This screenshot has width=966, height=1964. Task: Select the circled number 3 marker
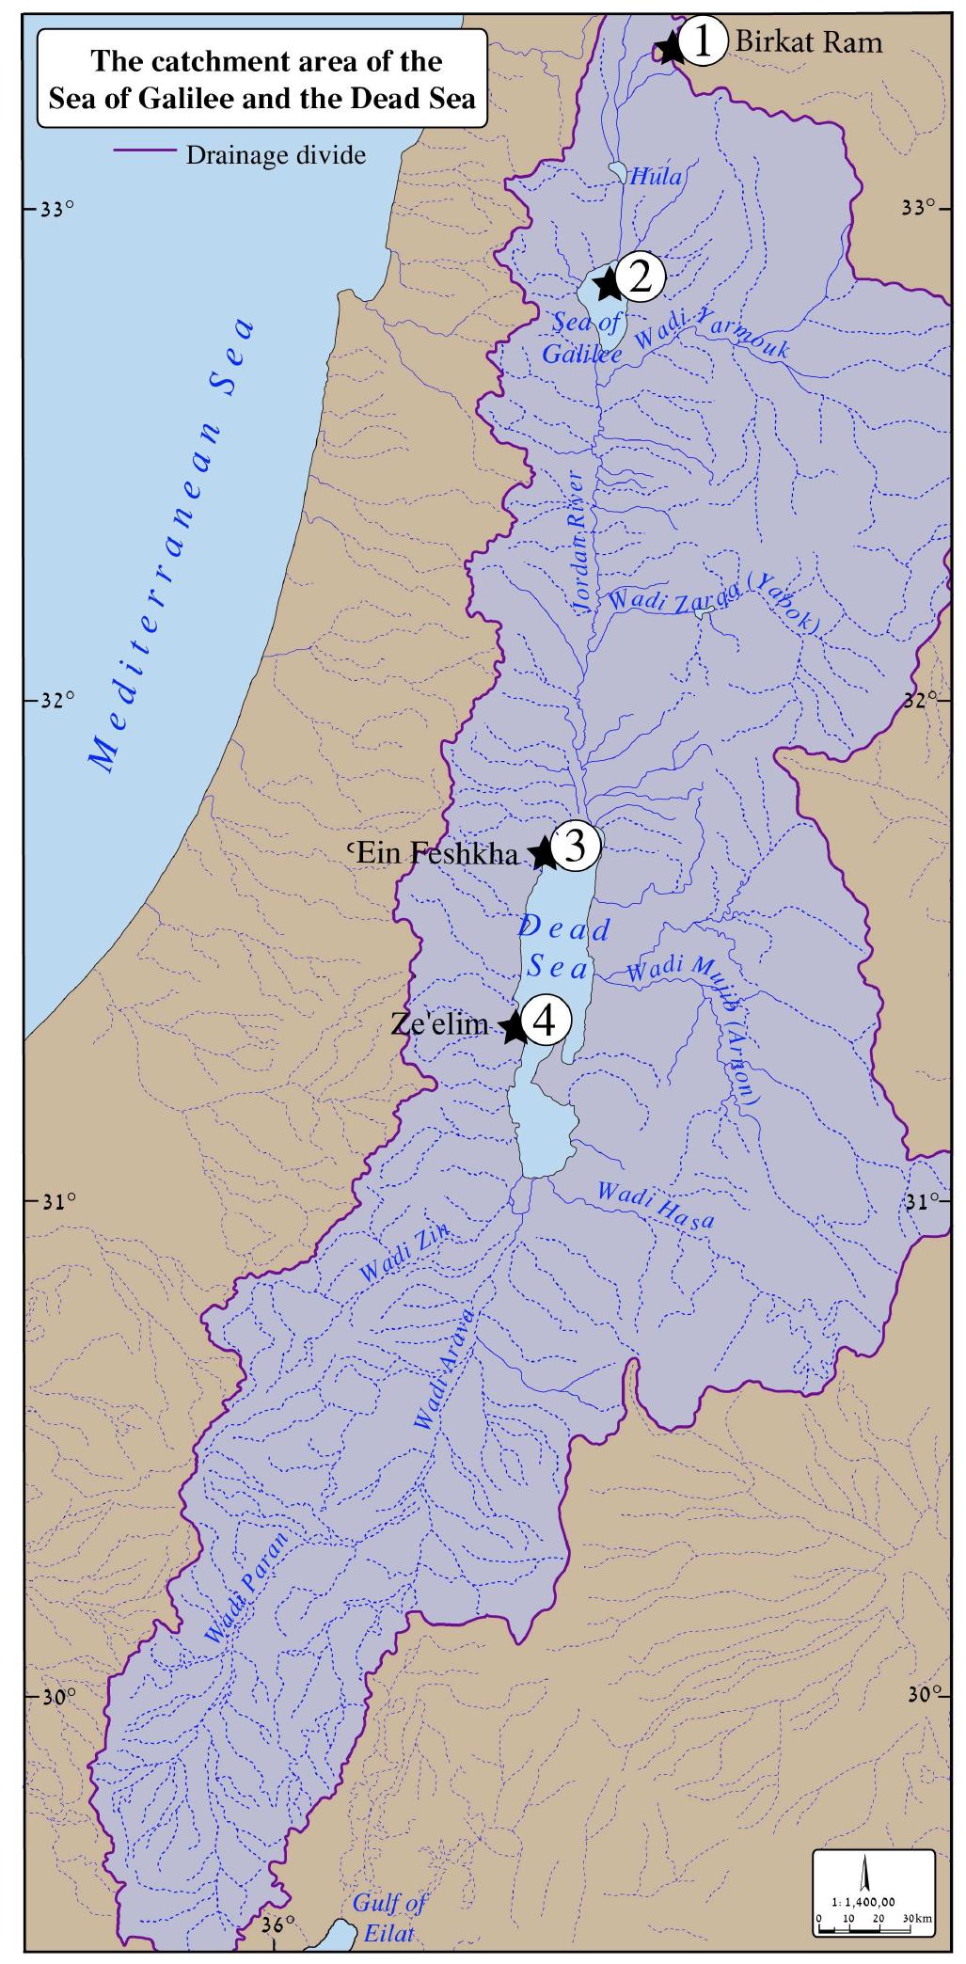coord(576,845)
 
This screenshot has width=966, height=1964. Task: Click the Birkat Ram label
coord(808,41)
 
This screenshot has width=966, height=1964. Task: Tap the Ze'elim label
coord(439,1023)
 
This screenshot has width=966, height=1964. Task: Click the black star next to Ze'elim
coord(513,1027)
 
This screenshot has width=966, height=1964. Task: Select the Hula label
coord(656,176)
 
